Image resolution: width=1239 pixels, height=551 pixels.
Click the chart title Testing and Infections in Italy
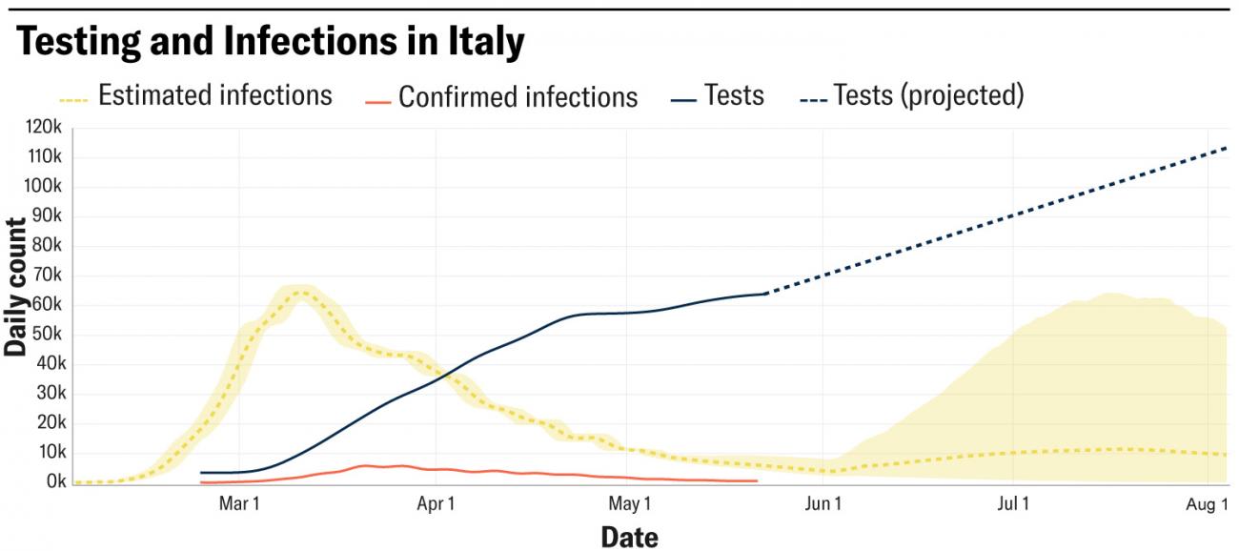coord(271,42)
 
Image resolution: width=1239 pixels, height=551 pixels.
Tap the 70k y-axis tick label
coord(48,275)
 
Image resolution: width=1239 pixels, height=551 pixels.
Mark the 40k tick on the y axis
coord(48,364)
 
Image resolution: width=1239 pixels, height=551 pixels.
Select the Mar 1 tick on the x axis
coord(239,502)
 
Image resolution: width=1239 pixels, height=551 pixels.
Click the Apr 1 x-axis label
coord(436,502)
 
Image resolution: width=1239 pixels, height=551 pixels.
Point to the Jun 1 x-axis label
coord(823,502)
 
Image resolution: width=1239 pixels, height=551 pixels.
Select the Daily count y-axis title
coord(16,286)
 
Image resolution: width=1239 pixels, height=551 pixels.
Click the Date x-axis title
coord(629,537)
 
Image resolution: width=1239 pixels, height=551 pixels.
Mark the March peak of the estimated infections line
coord(302,291)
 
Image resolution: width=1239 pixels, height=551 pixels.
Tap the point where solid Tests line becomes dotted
coord(766,294)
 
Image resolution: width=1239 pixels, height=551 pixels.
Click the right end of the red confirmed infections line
coord(757,480)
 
